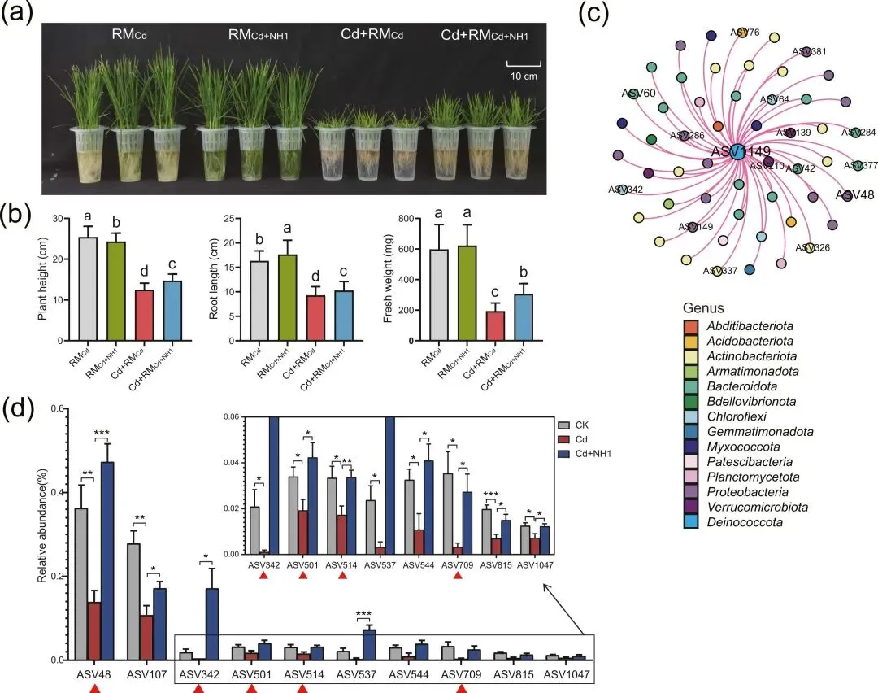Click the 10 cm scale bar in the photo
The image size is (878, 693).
coord(524,62)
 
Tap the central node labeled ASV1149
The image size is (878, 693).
coord(736,152)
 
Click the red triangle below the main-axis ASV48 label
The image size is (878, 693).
coord(94,688)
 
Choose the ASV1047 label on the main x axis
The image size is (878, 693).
coord(567,674)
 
